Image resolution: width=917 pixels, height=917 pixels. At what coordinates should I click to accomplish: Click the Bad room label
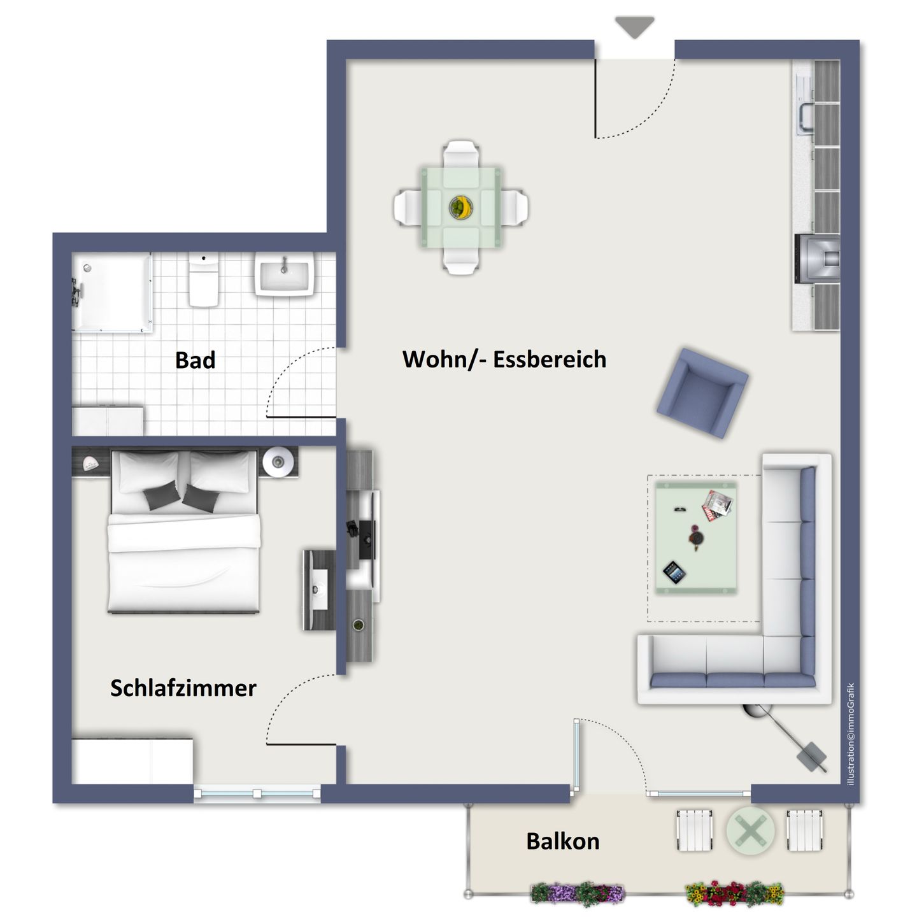click(195, 360)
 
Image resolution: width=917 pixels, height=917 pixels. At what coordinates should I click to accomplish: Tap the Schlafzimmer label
click(183, 688)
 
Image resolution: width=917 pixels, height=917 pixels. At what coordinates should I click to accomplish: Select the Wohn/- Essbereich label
click(504, 359)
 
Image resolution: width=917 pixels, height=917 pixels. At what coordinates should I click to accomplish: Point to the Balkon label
click(563, 841)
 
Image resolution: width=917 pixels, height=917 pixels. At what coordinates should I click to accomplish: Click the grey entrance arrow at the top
click(634, 27)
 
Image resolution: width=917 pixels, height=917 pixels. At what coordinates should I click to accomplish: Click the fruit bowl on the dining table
click(461, 207)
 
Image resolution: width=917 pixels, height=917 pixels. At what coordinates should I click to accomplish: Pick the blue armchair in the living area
click(702, 393)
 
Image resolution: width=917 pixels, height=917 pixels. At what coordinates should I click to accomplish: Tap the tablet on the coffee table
click(674, 571)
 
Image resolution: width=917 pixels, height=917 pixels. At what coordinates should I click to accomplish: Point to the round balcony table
click(751, 831)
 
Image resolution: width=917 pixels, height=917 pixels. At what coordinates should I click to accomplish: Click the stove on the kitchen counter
click(817, 259)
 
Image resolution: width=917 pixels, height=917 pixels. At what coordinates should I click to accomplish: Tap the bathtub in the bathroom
click(112, 293)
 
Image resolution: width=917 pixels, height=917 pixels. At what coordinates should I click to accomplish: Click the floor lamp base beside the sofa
click(813, 757)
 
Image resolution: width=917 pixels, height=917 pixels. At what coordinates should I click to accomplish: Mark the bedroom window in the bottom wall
click(257, 793)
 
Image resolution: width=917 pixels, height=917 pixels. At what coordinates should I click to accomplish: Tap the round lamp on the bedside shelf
click(279, 462)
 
